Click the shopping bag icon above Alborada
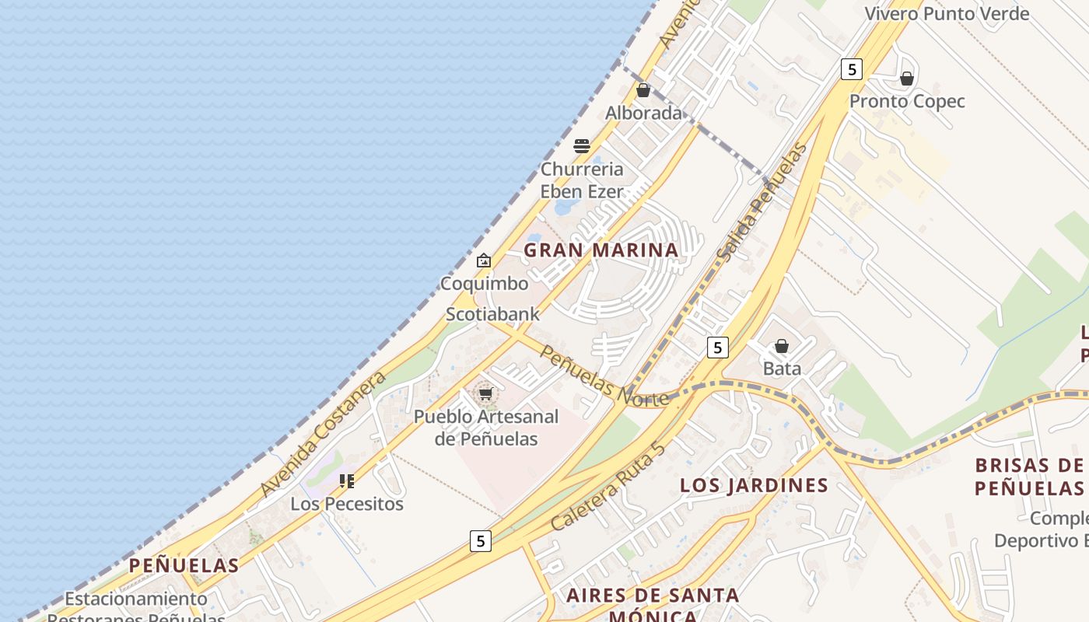[643, 90]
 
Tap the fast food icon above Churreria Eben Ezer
[582, 145]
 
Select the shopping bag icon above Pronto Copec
[906, 79]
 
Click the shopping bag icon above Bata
[782, 346]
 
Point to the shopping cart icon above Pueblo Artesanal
[486, 394]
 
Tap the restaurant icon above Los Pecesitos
[347, 481]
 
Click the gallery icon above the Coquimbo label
[484, 260]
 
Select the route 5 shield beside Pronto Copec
[852, 69]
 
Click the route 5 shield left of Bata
[717, 347]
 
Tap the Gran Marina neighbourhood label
[601, 250]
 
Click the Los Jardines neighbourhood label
[754, 485]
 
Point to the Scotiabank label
[492, 314]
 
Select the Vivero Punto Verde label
[947, 13]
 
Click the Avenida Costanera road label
[324, 434]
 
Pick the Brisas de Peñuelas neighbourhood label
[1028, 477]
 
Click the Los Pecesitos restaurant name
[347, 504]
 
